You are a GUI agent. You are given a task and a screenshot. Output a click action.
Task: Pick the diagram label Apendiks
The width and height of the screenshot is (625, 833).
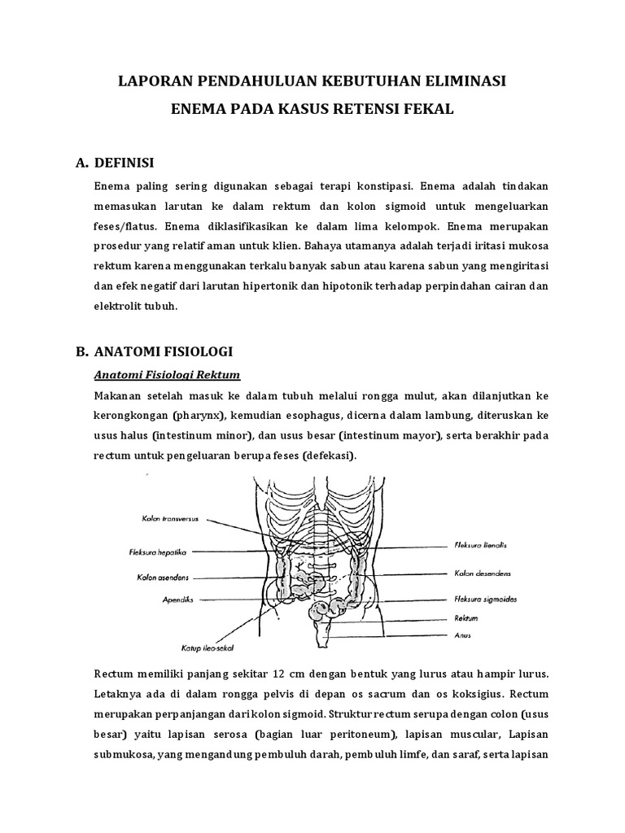coord(176,600)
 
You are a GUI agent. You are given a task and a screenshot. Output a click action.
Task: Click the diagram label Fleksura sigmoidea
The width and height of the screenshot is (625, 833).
coord(484,599)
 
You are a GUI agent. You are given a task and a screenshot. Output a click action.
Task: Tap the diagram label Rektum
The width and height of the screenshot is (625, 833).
coord(465,619)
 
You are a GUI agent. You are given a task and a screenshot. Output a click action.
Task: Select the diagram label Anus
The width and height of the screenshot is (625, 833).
coord(461,635)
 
